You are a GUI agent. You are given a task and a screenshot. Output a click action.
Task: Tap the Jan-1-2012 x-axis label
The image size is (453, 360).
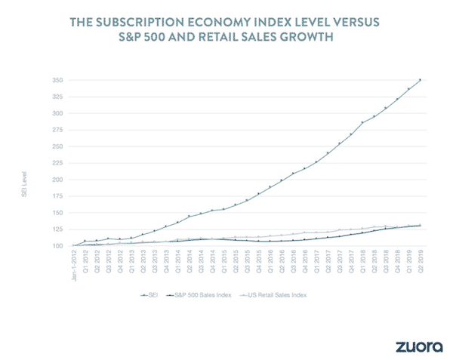pos(74,263)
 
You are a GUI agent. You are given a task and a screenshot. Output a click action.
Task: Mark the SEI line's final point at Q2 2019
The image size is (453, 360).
pos(420,79)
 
